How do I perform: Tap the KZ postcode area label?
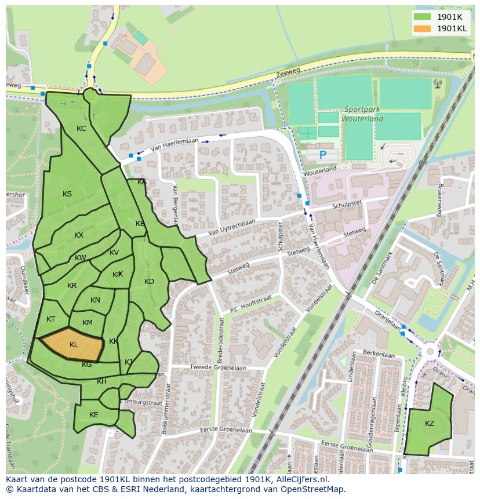(x=429, y=424)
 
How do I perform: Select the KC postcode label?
(x=81, y=129)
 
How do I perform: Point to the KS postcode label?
(x=67, y=194)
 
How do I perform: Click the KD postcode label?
(x=149, y=282)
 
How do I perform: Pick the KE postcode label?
(x=94, y=415)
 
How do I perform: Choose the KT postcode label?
(x=51, y=319)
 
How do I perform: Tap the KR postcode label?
(x=72, y=286)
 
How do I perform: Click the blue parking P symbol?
(x=323, y=155)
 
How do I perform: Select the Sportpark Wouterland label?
(x=363, y=114)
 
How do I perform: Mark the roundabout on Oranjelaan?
(x=430, y=352)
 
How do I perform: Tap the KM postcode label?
(x=88, y=323)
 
